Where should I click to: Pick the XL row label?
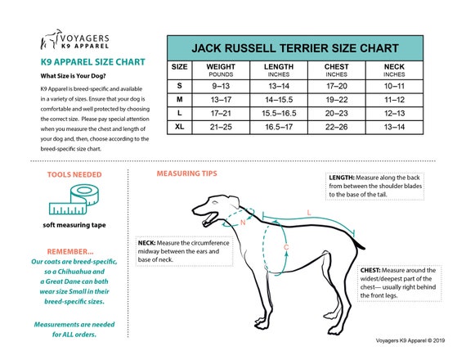[180, 126]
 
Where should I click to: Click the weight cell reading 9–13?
[221, 84]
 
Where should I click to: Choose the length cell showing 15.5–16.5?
[280, 112]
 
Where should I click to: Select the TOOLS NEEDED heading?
[76, 174]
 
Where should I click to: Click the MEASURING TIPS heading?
[186, 174]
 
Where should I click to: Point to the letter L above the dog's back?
[308, 212]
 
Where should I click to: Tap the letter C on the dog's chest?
[285, 246]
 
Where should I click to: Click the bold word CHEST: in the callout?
[370, 270]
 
